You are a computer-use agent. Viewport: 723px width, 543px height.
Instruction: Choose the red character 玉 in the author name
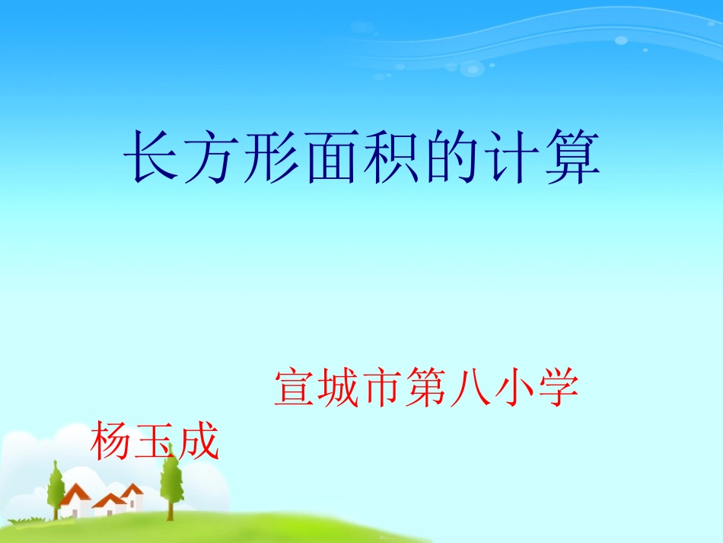pos(154,442)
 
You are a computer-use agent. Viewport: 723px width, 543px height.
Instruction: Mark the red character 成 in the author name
pos(197,442)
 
